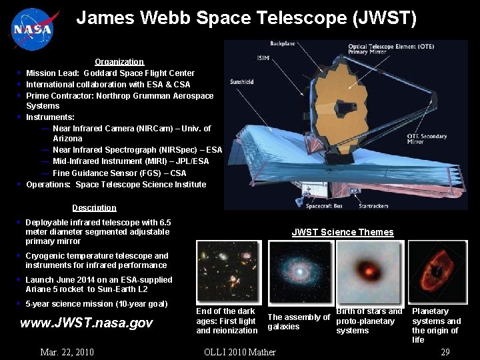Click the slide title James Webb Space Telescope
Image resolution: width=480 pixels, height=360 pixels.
click(246, 18)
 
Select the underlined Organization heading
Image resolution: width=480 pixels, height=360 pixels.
click(119, 61)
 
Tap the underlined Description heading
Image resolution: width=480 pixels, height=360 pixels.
click(94, 207)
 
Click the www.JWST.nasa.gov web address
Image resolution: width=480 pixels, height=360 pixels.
click(87, 323)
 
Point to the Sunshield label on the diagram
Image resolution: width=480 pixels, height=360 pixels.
click(241, 82)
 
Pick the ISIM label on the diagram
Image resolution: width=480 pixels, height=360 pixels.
click(263, 58)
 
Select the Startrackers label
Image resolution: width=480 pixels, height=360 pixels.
click(373, 206)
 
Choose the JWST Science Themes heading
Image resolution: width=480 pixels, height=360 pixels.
click(343, 233)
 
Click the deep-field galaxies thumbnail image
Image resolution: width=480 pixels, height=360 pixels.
click(228, 271)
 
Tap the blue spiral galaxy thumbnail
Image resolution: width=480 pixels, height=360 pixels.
click(299, 271)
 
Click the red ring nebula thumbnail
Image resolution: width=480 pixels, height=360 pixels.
click(437, 271)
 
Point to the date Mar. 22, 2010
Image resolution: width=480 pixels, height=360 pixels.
click(67, 352)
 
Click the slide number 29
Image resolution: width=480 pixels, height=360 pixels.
click(446, 352)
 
